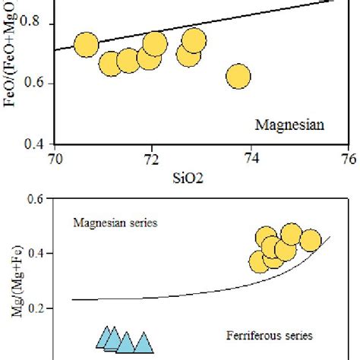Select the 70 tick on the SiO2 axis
click(x=54, y=159)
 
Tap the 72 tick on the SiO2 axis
click(x=152, y=159)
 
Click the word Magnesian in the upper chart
click(x=289, y=126)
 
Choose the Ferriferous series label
click(x=269, y=334)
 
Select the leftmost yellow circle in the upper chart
click(x=87, y=46)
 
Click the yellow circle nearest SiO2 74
click(x=238, y=76)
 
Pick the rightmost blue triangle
click(x=142, y=343)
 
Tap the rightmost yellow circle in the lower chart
click(x=310, y=242)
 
